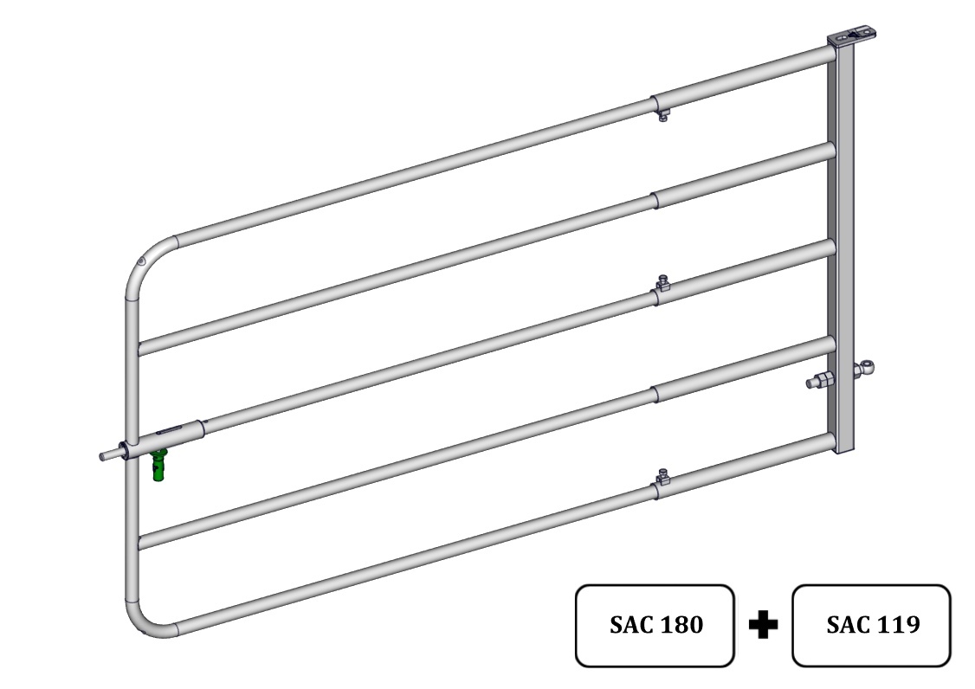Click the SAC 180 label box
coord(655,625)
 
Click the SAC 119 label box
coord(871,625)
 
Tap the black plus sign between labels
coord(764,624)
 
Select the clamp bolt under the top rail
coord(663,116)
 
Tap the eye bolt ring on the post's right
coord(865,370)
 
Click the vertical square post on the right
coord(842,248)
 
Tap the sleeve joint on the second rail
coord(655,201)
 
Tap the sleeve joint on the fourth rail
coord(655,394)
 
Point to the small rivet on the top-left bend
coord(142,261)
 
